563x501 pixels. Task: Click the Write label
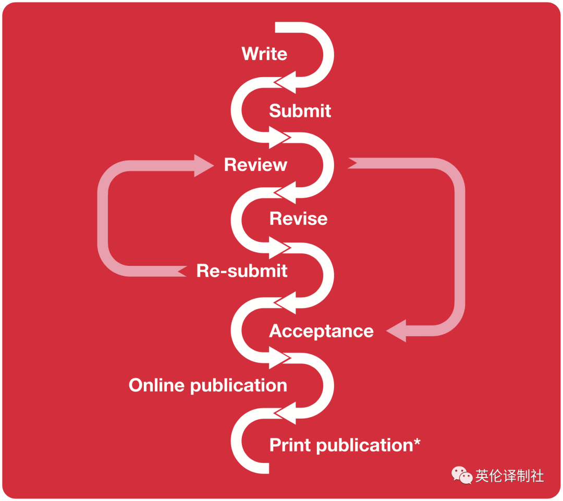[264, 54]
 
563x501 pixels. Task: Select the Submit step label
[300, 111]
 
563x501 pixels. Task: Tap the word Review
[255, 165]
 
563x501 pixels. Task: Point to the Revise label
[298, 218]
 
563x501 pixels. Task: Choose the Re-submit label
[242, 271]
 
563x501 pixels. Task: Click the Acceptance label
[321, 331]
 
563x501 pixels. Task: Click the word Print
[290, 445]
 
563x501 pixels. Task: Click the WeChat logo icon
[462, 475]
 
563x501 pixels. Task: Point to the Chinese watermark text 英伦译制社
[509, 476]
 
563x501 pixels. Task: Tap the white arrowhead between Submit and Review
[279, 137]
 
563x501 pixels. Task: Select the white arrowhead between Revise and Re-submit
[279, 246]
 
